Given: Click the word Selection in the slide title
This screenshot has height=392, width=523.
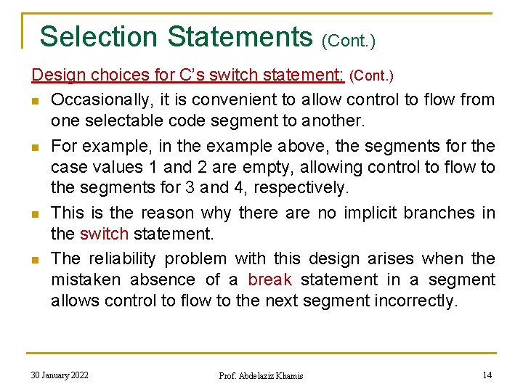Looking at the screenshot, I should pos(98,36).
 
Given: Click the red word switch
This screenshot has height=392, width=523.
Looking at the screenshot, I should pos(104,234).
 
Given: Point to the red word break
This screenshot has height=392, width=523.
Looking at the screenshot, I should pos(269,279).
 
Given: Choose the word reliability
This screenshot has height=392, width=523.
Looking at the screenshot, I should pos(130,258).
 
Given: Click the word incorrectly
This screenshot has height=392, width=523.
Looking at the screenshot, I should pos(415,301).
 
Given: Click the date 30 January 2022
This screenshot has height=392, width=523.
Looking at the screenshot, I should pos(60,375).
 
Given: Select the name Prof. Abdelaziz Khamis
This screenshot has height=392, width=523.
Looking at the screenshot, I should pos(261,375).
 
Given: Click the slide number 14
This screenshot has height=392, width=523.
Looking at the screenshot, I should pos(487,375).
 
